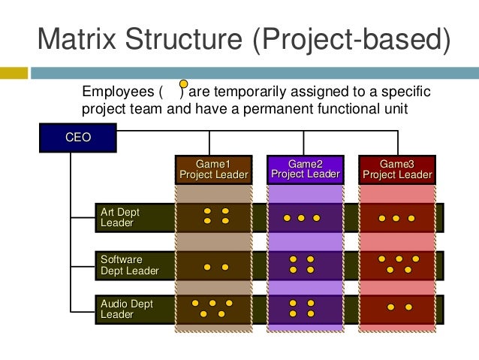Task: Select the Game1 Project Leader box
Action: pos(212,169)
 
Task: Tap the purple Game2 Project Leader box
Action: pos(305,169)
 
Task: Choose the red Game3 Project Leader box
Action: pos(396,169)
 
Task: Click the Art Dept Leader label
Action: pos(120,217)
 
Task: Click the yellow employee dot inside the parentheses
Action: pos(183,87)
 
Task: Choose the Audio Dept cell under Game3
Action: pos(397,309)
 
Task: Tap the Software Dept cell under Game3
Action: pos(397,265)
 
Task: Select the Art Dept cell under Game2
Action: pos(305,217)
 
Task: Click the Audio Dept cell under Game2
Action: pos(305,309)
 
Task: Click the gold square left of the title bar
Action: pos(14,73)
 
